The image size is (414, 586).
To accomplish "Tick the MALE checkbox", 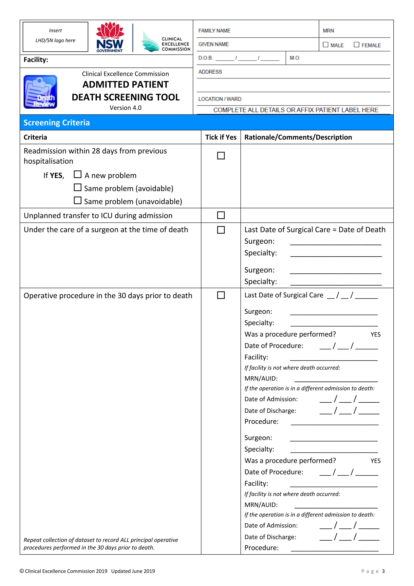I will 325,45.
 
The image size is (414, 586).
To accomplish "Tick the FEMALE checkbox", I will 356,45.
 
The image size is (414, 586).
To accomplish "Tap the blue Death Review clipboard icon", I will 40,92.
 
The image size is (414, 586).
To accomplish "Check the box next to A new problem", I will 78,174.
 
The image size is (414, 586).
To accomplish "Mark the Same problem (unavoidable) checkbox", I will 78,200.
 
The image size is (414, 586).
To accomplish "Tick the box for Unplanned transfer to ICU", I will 221,215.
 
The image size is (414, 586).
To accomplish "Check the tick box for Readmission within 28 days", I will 221,155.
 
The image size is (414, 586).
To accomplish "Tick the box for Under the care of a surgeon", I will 221,230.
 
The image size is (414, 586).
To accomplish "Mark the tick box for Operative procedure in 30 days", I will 221,295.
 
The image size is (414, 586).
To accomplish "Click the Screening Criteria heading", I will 57,123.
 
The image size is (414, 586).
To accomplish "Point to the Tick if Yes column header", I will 221,137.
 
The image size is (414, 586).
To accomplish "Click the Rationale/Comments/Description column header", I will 298,137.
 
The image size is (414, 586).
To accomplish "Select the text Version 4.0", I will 125,108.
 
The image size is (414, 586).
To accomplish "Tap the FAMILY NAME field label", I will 214,31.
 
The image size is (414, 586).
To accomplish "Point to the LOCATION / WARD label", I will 220,99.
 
